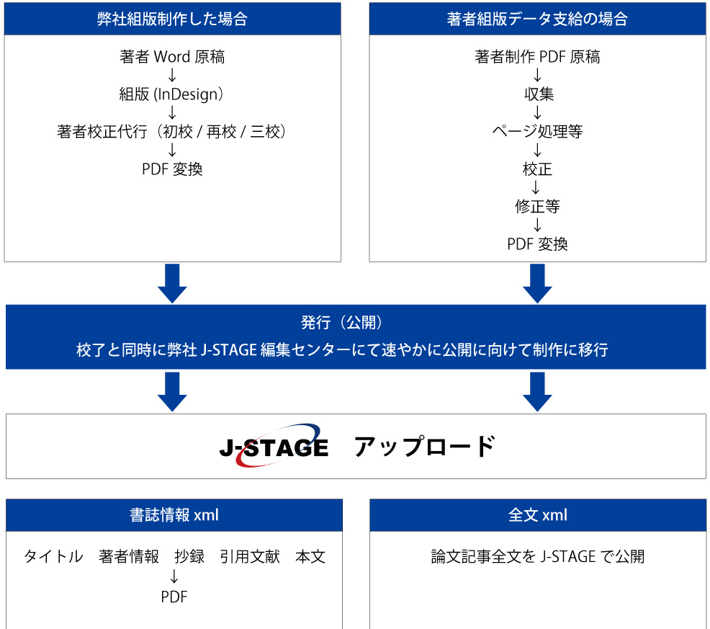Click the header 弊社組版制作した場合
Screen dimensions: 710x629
pyautogui.click(x=172, y=19)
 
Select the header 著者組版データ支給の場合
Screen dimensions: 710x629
pyautogui.click(x=537, y=19)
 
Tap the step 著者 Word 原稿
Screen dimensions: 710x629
pyautogui.click(x=172, y=57)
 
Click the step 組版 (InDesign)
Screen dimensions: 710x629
pyautogui.click(x=171, y=94)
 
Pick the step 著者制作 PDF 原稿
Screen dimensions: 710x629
pyautogui.click(x=537, y=57)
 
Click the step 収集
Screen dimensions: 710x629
pyautogui.click(x=539, y=94)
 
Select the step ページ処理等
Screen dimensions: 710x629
pyautogui.click(x=537, y=131)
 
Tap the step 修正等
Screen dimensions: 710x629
pyautogui.click(x=537, y=207)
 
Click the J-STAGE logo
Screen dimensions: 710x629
pyautogui.click(x=274, y=446)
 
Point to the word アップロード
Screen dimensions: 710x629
pyautogui.click(x=425, y=447)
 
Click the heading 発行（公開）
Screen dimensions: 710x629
pyautogui.click(x=342, y=322)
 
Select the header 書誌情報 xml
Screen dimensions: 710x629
pyautogui.click(x=174, y=515)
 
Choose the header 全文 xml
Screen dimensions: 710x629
pyautogui.click(x=537, y=515)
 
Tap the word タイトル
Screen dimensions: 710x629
pyautogui.click(x=54, y=556)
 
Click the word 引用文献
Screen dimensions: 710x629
pyautogui.click(x=250, y=556)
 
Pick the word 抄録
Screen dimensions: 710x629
pyautogui.click(x=189, y=556)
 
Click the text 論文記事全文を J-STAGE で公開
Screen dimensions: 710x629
pyautogui.click(x=537, y=556)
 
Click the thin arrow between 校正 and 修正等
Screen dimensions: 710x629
pyautogui.click(x=536, y=187)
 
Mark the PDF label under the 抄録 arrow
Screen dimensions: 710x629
pyautogui.click(x=174, y=597)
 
